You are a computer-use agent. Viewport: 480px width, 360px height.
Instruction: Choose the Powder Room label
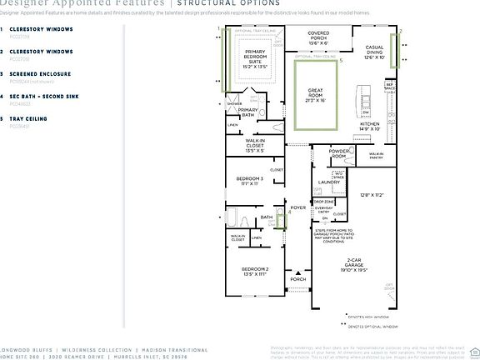(338, 154)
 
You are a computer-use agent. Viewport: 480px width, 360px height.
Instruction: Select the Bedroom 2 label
(254, 272)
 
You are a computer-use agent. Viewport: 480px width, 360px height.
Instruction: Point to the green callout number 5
(341, 61)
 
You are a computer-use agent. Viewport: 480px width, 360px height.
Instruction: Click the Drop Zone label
(323, 202)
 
